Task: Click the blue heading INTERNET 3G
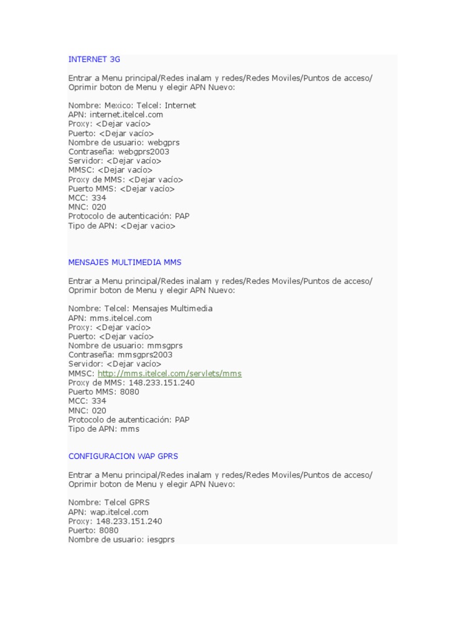(94, 59)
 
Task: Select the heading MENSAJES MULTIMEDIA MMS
(125, 262)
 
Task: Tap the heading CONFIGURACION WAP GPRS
(123, 456)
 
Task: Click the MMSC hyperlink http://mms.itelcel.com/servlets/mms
(170, 374)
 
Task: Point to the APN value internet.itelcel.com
(127, 114)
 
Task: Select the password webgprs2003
(145, 151)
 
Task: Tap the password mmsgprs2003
(145, 355)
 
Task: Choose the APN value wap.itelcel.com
(119, 512)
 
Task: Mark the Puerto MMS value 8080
(130, 392)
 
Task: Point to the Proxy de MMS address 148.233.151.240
(162, 383)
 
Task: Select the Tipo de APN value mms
(130, 429)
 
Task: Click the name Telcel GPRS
(126, 503)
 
